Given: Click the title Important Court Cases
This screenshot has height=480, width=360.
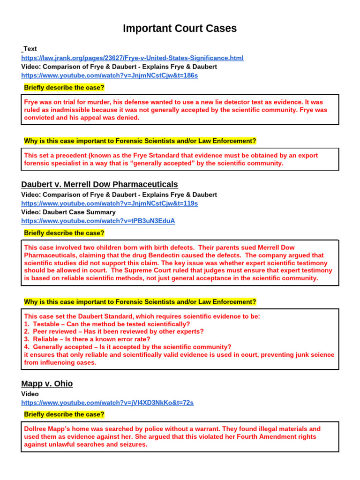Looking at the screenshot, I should point(180,29).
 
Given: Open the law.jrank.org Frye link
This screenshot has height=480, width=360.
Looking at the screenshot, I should point(132,58).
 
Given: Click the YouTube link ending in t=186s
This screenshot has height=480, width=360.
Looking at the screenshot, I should point(109,75).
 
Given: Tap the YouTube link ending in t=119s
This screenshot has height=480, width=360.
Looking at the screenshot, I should point(109,203).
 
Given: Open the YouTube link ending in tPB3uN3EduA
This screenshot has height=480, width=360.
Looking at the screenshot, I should point(98,221).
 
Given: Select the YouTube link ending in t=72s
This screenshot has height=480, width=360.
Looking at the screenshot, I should point(107,403).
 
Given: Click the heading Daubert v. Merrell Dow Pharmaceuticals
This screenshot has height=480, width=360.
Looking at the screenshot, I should point(99,184).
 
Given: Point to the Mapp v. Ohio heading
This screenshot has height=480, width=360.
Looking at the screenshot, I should point(47,383).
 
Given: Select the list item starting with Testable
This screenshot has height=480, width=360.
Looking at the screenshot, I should point(107,324).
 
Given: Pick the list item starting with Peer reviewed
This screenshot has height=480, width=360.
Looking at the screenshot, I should point(113,331).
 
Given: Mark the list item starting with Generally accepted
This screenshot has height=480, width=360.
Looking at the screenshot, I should point(127,347).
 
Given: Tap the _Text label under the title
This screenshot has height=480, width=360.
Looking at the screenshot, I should point(29,49).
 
